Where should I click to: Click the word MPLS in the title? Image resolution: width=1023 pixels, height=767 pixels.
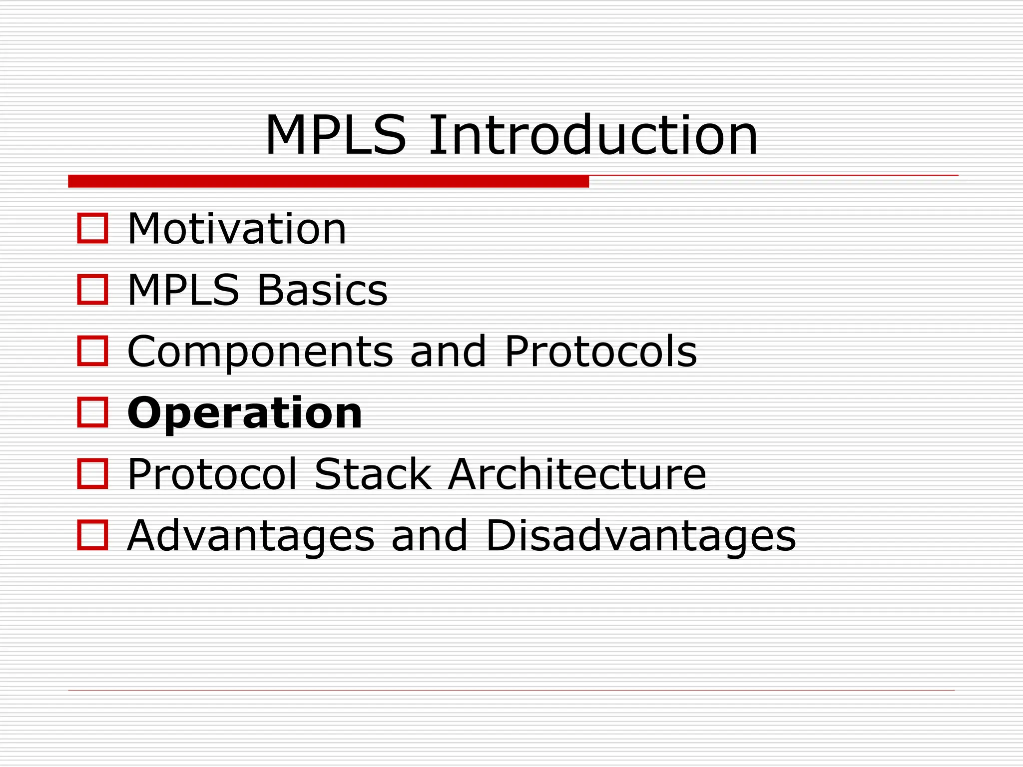(x=335, y=135)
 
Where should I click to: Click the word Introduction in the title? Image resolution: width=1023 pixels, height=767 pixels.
(x=593, y=135)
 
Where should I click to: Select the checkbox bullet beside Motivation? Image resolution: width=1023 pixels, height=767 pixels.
(x=92, y=228)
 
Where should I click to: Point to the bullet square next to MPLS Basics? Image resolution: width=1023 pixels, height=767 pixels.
(x=92, y=290)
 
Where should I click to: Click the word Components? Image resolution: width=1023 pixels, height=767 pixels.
(x=260, y=352)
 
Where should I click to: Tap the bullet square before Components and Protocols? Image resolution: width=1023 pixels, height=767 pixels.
(x=92, y=351)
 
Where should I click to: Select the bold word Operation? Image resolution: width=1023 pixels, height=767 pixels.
(x=244, y=413)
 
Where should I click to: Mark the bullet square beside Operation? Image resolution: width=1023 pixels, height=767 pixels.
(x=92, y=412)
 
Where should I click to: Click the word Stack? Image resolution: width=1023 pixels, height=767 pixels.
(x=373, y=474)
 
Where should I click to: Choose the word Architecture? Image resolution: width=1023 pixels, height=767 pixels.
(x=577, y=474)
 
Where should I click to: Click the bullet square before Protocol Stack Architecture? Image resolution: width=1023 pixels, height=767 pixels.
(x=92, y=474)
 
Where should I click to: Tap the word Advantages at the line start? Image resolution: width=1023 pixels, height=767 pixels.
(x=251, y=536)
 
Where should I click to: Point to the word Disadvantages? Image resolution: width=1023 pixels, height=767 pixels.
(x=640, y=535)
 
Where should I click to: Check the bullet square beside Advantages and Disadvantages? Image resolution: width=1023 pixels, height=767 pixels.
(x=92, y=535)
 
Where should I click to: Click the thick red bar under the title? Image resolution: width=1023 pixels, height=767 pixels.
(x=328, y=181)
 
